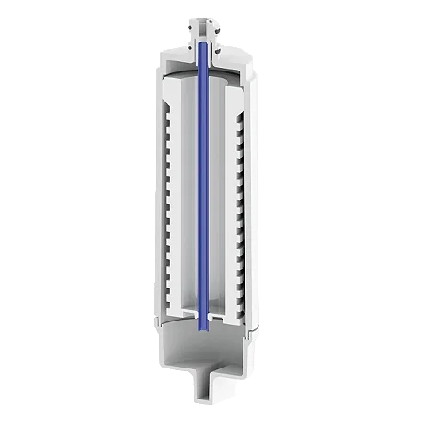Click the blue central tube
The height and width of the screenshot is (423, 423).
tap(203, 188)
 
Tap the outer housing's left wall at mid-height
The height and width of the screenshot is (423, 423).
tap(151, 197)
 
